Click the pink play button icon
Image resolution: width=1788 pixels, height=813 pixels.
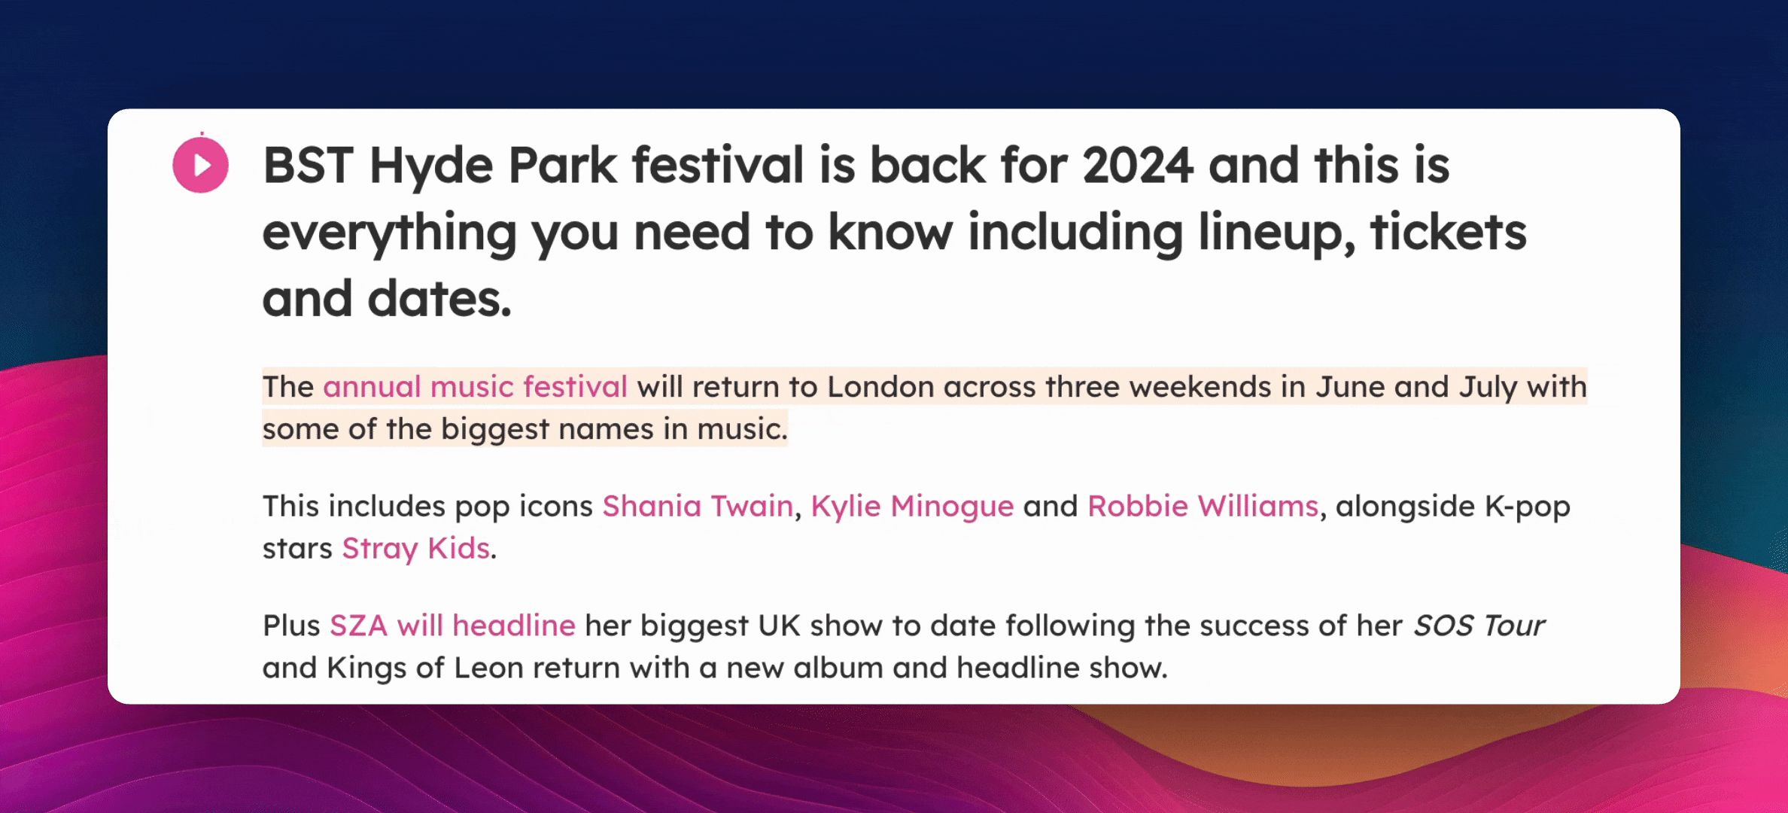pyautogui.click(x=200, y=165)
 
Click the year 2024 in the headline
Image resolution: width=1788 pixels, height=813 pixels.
pyautogui.click(x=1138, y=166)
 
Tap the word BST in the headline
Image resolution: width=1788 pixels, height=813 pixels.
pyautogui.click(x=309, y=166)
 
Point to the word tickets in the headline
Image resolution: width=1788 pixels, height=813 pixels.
pyautogui.click(x=1449, y=232)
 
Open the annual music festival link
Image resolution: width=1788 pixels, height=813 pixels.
pyautogui.click(x=475, y=387)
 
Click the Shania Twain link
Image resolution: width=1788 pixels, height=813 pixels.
pyautogui.click(x=698, y=506)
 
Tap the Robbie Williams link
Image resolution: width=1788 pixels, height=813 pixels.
pyautogui.click(x=1203, y=506)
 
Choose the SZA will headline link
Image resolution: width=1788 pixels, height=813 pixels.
pyautogui.click(x=452, y=626)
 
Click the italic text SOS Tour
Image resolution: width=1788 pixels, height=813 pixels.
pyautogui.click(x=1479, y=626)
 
